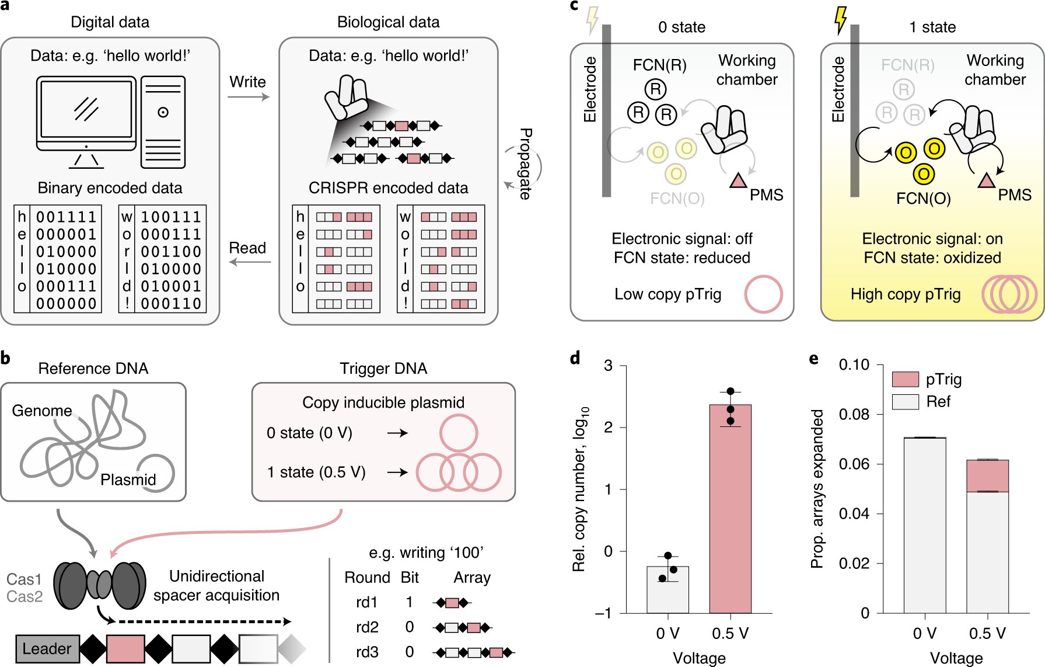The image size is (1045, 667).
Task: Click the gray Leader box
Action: coord(47,648)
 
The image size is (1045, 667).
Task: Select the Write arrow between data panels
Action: coord(249,96)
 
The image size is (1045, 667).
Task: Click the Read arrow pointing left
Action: coord(250,262)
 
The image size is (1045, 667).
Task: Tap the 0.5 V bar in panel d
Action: coord(730,508)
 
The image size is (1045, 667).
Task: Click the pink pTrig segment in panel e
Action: coord(987,475)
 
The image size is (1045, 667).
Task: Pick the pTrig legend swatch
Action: coord(906,379)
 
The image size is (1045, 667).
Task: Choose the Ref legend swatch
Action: coord(906,402)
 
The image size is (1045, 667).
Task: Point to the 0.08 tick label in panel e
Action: coord(854,414)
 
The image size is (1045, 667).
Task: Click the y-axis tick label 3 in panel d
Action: coord(608,366)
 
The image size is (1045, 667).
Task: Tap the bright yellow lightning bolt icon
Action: coord(840,20)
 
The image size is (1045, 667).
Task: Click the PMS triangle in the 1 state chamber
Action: coord(986,181)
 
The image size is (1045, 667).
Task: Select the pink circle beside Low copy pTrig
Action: coord(763,294)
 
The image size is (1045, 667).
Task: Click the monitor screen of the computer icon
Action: coord(86,109)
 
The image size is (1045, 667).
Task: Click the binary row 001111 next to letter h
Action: coord(66,217)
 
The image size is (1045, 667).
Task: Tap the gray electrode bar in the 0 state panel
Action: coord(606,111)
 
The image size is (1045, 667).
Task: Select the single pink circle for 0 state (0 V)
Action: coord(459,433)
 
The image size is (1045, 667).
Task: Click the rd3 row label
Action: coord(367,651)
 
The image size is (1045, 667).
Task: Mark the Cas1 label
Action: coord(24,579)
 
